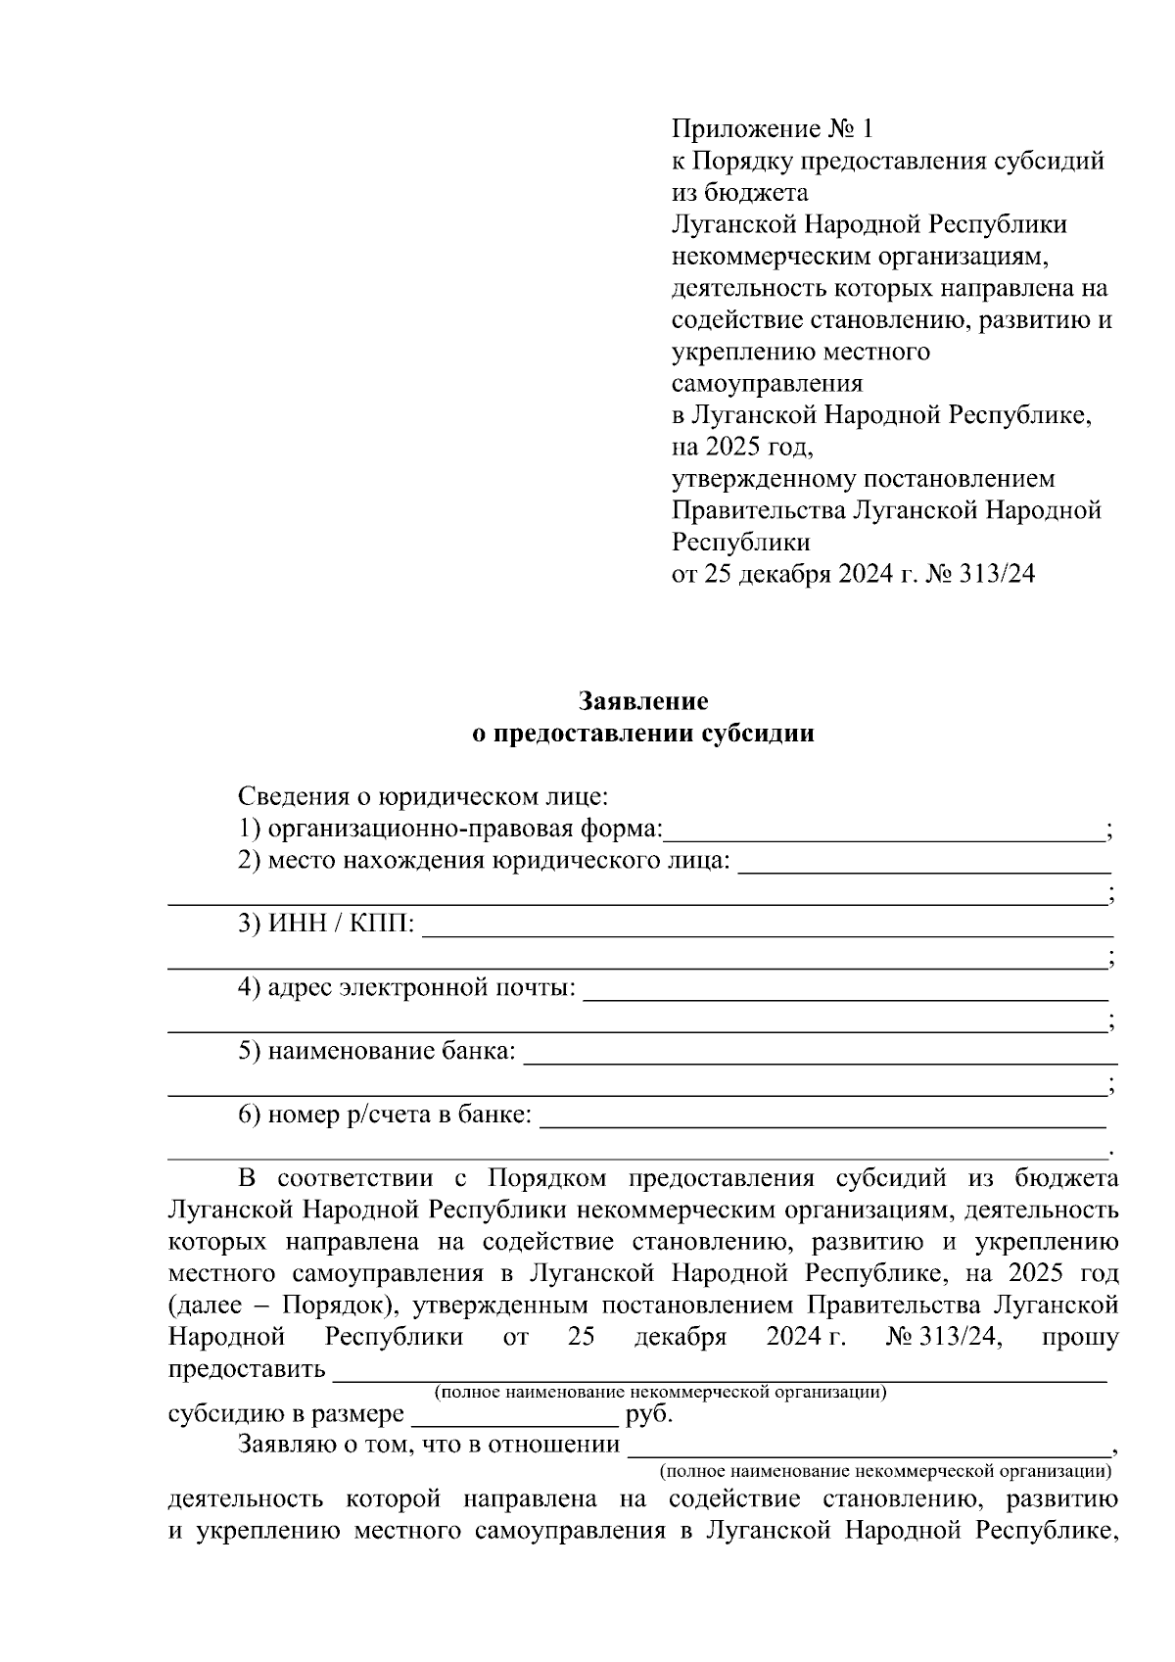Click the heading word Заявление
click(x=643, y=701)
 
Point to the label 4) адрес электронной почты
click(x=406, y=987)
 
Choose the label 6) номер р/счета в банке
click(x=385, y=1115)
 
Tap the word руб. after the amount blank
click(x=648, y=1414)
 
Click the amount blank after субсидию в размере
click(x=514, y=1416)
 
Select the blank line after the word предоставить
click(x=720, y=1370)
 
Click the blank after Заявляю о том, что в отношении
click(x=869, y=1446)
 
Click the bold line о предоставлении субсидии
click(x=643, y=734)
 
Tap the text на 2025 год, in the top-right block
click(x=742, y=447)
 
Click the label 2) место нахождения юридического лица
click(x=484, y=861)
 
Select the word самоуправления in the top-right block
click(x=767, y=383)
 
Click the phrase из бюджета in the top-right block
click(x=739, y=193)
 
